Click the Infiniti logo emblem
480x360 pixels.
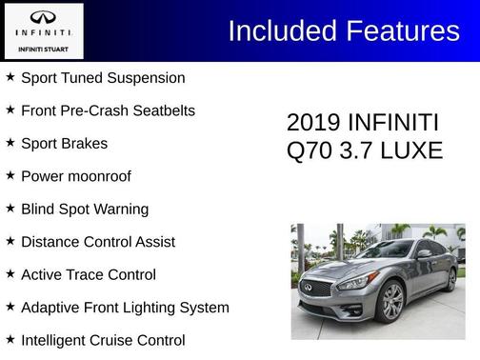coord(43,17)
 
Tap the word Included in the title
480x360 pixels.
coord(277,31)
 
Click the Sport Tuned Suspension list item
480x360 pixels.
coord(103,78)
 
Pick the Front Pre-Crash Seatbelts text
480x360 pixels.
coord(108,110)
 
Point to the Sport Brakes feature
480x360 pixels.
coord(64,144)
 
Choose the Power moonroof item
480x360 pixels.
coord(76,176)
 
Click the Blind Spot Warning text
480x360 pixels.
coord(85,210)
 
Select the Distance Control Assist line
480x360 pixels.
coord(98,242)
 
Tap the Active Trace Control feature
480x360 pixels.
coord(89,275)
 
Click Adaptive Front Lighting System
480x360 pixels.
coord(125,308)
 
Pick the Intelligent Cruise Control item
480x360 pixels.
coord(103,340)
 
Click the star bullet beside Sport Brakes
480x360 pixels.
coord(10,143)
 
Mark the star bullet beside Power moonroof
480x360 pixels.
coord(10,175)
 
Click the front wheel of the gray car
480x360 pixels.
coord(390,303)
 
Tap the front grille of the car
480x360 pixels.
coord(316,288)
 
